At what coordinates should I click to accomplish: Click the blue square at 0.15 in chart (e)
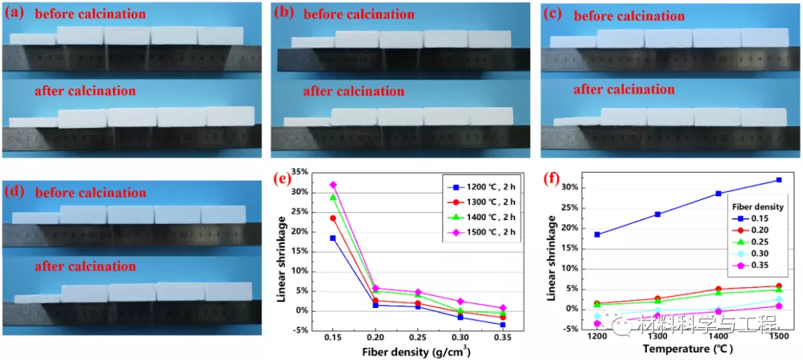tap(333, 238)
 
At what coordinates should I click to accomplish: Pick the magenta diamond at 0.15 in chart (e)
tap(333, 184)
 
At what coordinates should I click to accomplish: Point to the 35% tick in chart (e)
tap(300, 172)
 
